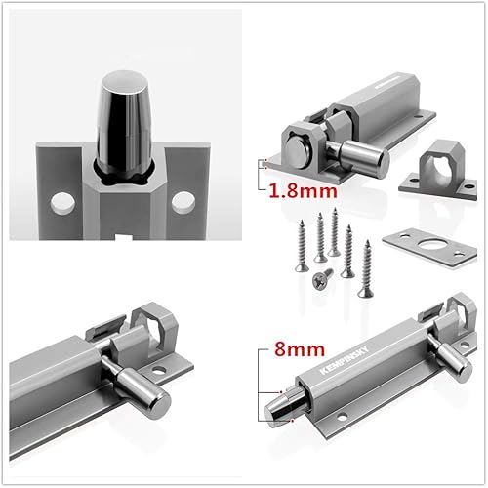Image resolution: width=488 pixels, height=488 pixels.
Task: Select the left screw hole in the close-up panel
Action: click(x=60, y=201)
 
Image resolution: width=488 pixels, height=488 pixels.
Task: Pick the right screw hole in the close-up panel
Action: click(x=181, y=201)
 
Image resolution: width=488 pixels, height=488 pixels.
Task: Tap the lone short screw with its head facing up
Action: click(x=321, y=277)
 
